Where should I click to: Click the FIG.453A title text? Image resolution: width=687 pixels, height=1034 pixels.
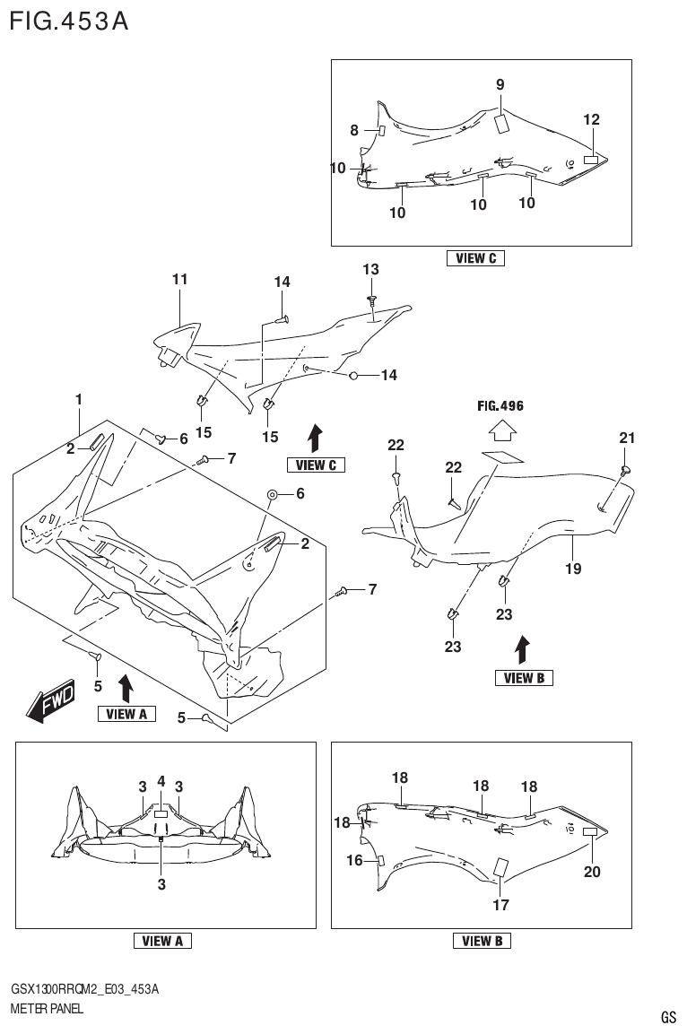click(x=68, y=19)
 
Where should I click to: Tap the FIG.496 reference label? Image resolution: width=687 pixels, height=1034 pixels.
click(x=500, y=406)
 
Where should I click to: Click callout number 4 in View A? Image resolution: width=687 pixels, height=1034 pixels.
click(x=161, y=781)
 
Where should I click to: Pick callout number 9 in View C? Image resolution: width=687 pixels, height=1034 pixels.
click(x=500, y=85)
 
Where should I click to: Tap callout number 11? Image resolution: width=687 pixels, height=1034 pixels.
click(x=179, y=280)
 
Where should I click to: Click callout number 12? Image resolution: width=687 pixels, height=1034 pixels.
click(x=591, y=119)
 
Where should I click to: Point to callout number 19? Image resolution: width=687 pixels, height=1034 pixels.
click(x=573, y=569)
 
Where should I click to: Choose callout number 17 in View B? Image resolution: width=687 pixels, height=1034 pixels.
click(x=500, y=905)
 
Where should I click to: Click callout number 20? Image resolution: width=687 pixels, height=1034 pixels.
click(x=592, y=871)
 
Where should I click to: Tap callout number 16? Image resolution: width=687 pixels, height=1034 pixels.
click(x=355, y=861)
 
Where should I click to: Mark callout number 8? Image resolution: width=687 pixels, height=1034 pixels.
click(x=354, y=131)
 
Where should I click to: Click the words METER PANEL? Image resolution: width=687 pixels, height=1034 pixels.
click(x=47, y=1009)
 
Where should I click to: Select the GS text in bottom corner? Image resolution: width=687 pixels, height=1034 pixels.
click(x=668, y=1017)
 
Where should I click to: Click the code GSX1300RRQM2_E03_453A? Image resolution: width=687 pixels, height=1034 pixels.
click(x=85, y=988)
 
